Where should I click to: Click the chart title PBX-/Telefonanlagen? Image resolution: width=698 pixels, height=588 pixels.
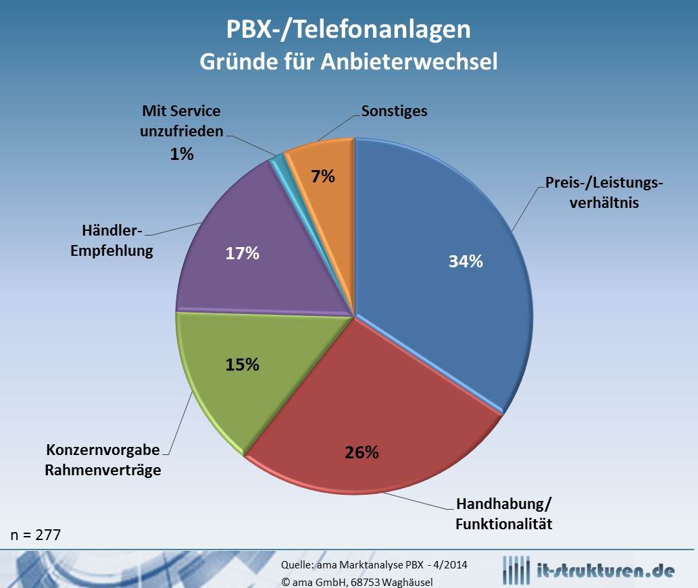[x=348, y=30]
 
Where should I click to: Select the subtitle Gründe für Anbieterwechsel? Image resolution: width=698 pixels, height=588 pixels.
[x=348, y=61]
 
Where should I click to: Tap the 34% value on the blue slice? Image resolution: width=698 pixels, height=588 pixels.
[x=466, y=261]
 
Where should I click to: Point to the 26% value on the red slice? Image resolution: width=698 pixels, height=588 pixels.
[x=362, y=452]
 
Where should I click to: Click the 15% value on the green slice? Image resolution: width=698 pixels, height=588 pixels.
[x=242, y=364]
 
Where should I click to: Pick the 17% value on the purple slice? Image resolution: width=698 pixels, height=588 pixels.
[x=242, y=253]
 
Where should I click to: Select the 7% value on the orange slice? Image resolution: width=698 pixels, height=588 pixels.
[x=323, y=176]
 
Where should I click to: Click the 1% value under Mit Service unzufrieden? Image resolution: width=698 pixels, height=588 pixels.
[x=181, y=154]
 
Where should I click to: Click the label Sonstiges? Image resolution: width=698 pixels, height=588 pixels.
[x=394, y=111]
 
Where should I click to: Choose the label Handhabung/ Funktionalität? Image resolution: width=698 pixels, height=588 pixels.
[x=504, y=513]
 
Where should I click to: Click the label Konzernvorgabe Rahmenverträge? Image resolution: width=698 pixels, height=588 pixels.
[x=103, y=460]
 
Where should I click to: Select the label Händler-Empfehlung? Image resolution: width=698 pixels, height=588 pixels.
[x=112, y=240]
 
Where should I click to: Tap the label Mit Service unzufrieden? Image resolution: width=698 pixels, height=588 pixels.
[x=181, y=121]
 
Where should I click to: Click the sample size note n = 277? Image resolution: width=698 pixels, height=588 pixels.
[x=36, y=535]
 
